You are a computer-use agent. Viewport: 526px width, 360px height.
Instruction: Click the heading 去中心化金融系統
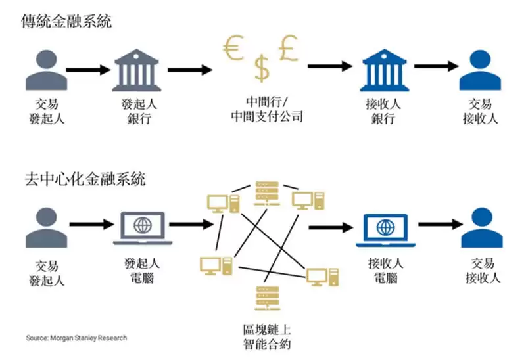[83, 178]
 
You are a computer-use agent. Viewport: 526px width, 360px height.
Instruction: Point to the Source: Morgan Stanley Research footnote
[76, 338]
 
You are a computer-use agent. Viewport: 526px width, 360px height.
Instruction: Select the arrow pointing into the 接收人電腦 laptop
[332, 227]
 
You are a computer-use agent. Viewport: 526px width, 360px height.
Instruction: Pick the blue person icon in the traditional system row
[480, 68]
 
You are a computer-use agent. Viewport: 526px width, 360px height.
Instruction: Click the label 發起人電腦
[141, 270]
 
